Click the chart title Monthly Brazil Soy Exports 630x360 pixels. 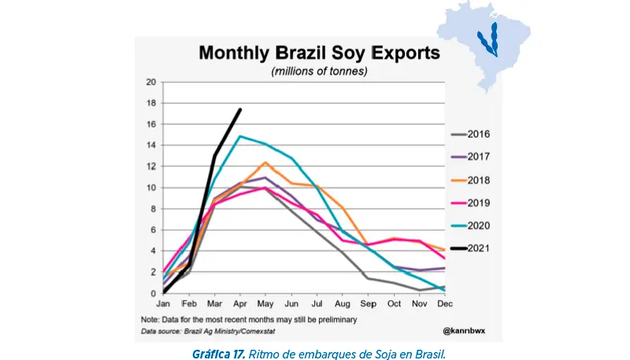[319, 54]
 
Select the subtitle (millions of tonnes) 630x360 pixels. [319, 71]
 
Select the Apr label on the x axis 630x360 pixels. [240, 303]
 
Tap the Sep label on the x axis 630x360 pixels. [368, 303]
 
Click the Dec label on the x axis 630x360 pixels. [444, 303]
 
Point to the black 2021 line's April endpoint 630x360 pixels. [240, 109]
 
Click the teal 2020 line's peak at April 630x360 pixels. [240, 136]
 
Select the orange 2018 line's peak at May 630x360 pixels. [266, 162]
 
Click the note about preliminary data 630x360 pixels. [249, 319]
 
